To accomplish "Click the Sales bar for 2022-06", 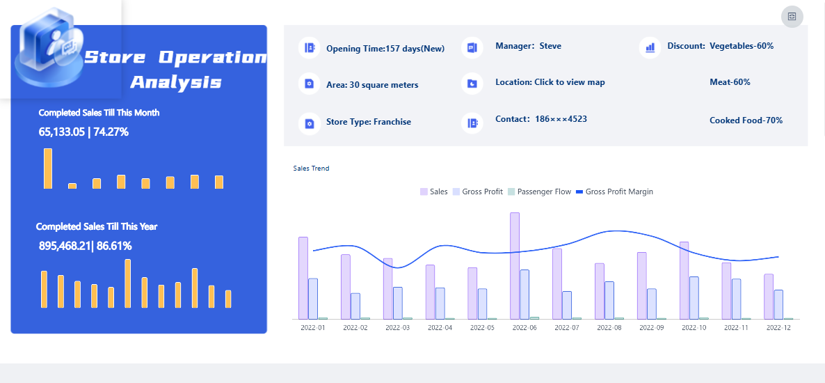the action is click(515, 266).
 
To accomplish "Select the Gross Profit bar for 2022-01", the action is click(313, 299).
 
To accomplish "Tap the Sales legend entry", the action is click(434, 191).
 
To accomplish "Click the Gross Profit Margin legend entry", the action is click(614, 191).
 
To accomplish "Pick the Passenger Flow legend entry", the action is click(539, 191).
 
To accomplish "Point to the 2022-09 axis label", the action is click(652, 328).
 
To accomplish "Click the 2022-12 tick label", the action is click(778, 328).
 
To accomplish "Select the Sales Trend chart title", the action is click(312, 169).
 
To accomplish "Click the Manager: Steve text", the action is click(528, 46).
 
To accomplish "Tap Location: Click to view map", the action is click(550, 82).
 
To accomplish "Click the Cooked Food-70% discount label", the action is click(746, 120).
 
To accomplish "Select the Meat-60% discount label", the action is click(730, 82).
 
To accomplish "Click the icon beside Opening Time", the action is click(310, 48).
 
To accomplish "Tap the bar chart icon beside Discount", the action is click(650, 47).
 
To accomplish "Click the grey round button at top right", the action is click(792, 16).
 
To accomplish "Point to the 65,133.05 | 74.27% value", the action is click(83, 132).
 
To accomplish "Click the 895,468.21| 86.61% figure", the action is click(86, 246).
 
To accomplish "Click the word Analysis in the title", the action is click(176, 82).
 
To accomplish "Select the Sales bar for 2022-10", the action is click(684, 280).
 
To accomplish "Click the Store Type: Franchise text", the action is click(368, 122).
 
